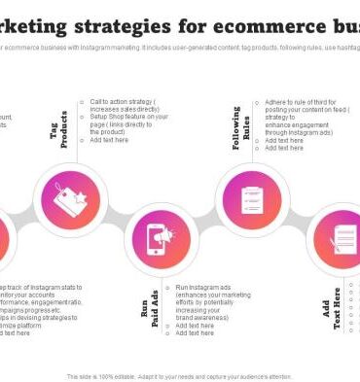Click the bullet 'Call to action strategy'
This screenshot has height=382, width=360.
point(123,105)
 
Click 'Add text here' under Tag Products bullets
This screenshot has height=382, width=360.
point(110,140)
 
